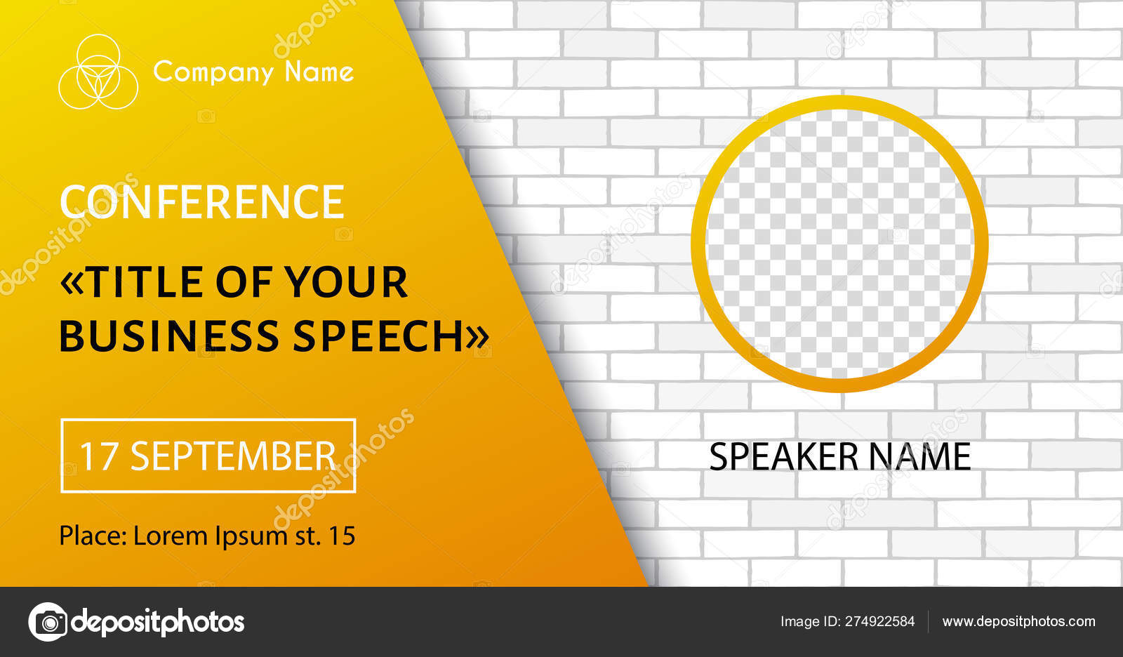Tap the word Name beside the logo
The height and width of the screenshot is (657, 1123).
[x=319, y=72]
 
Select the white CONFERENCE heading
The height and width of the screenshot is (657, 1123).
[x=202, y=202]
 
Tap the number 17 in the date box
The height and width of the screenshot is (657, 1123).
[x=98, y=456]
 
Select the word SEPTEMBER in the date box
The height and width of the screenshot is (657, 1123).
[x=234, y=456]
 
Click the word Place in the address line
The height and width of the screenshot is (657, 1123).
[x=92, y=536]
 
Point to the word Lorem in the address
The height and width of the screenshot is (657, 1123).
[x=171, y=536]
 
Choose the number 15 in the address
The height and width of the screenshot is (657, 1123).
[x=342, y=536]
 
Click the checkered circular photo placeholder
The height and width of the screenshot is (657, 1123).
[x=839, y=244]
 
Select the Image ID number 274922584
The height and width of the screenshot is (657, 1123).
[x=879, y=622]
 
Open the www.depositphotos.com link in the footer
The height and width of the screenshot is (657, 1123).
[x=1018, y=622]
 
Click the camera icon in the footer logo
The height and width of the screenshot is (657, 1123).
[x=48, y=622]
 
